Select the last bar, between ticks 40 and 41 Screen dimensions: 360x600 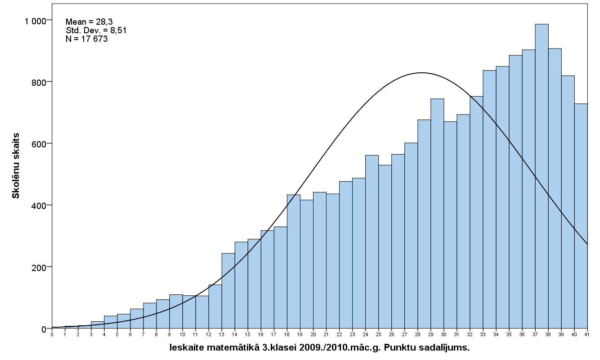581,216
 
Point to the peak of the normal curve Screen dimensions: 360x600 421,73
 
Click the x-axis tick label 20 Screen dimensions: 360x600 313,334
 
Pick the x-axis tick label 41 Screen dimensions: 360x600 587,334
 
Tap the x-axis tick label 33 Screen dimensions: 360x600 483,334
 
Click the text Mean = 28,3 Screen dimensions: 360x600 89,22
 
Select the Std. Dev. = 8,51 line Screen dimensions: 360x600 96,30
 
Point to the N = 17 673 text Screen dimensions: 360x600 86,39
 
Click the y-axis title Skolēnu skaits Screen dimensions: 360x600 16,165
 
